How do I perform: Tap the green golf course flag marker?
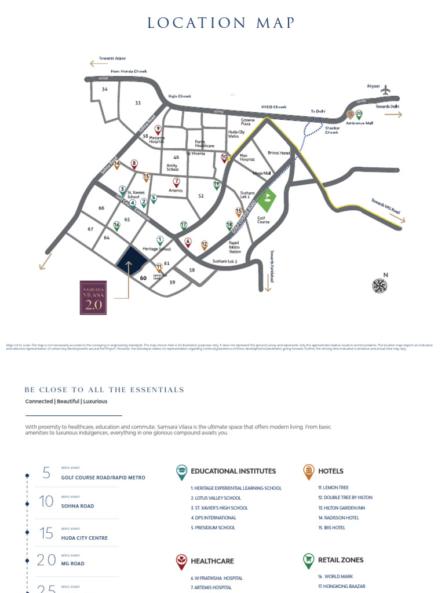pyautogui.click(x=266, y=200)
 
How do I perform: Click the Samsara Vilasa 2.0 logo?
pyautogui.click(x=93, y=298)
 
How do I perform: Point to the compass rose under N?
pyautogui.click(x=380, y=285)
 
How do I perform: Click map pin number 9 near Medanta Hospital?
pyautogui.click(x=158, y=130)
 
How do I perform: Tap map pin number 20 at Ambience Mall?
pyautogui.click(x=359, y=115)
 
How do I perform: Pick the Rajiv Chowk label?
pyautogui.click(x=179, y=97)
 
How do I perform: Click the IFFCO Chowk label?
pyautogui.click(x=273, y=107)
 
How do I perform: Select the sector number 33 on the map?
pyautogui.click(x=138, y=103)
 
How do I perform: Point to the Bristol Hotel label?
pyautogui.click(x=278, y=153)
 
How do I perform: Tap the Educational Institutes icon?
pyautogui.click(x=181, y=472)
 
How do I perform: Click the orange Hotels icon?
pyautogui.click(x=309, y=471)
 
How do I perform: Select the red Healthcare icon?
pyautogui.click(x=181, y=562)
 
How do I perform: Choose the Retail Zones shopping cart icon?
pyautogui.click(x=309, y=561)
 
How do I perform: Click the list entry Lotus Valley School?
pyautogui.click(x=216, y=498)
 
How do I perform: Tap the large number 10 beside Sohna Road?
pyautogui.click(x=46, y=502)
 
